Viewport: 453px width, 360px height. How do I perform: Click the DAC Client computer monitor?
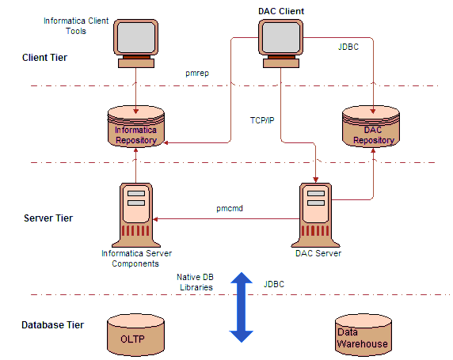click(x=280, y=44)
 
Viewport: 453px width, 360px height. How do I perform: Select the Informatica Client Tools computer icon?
click(x=135, y=44)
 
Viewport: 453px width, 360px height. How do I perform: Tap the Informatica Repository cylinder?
click(x=135, y=127)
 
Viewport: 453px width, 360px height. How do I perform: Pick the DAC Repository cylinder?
click(x=371, y=127)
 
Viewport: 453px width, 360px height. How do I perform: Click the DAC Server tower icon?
click(x=315, y=215)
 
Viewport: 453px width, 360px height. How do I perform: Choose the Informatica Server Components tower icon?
click(x=135, y=215)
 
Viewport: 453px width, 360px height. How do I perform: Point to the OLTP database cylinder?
click(x=135, y=335)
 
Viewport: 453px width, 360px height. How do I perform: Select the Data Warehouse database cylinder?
click(x=364, y=335)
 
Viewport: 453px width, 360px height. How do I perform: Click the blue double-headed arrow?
click(x=242, y=307)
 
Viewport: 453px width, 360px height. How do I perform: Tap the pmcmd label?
click(x=230, y=208)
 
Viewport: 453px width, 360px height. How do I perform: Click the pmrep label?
click(x=197, y=73)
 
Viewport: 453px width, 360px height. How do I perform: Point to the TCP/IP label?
click(x=262, y=120)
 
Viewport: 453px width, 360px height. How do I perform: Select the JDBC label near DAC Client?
click(x=348, y=47)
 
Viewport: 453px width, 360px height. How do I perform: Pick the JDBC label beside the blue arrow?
click(x=274, y=284)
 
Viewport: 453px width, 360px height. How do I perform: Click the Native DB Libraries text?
click(x=196, y=282)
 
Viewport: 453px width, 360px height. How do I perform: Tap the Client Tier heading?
click(x=44, y=58)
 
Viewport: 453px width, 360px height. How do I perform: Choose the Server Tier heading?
click(x=48, y=218)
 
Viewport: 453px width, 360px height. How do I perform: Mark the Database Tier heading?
click(x=52, y=324)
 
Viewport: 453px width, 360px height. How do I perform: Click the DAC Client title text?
click(x=281, y=11)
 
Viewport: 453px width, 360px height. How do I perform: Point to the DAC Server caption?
click(x=318, y=253)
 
